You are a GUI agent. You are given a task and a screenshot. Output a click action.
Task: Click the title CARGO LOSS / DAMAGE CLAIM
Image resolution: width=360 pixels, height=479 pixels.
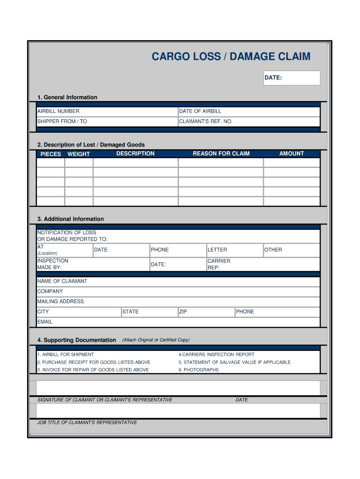(x=230, y=57)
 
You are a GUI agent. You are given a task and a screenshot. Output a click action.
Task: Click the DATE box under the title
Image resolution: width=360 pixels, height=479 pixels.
(x=292, y=78)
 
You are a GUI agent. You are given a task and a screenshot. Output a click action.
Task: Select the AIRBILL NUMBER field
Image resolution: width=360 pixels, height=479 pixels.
(x=107, y=111)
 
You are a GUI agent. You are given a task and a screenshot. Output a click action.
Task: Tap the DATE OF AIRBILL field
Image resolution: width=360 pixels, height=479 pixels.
(x=249, y=111)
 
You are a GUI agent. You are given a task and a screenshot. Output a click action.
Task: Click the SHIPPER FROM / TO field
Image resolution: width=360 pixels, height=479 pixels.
(x=107, y=122)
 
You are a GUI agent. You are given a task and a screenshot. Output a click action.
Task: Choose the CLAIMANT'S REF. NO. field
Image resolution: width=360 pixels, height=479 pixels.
(x=249, y=122)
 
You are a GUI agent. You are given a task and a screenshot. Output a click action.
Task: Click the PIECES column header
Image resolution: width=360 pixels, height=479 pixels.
(x=50, y=154)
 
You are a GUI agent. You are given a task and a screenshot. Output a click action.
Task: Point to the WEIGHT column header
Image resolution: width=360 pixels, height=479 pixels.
(x=79, y=154)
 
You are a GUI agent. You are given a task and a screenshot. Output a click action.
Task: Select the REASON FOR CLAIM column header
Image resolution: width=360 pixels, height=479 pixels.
(x=221, y=153)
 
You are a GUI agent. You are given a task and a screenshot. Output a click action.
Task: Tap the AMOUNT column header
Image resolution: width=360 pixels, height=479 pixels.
(x=291, y=153)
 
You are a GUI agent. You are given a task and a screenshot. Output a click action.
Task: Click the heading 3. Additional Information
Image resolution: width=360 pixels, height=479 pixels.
(x=71, y=219)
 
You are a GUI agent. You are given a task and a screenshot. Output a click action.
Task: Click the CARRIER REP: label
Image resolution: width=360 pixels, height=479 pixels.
(x=219, y=264)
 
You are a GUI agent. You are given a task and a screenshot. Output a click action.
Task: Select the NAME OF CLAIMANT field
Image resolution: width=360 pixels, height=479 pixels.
(x=178, y=281)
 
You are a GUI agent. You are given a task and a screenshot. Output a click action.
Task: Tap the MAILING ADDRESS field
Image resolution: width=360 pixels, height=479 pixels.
(x=178, y=301)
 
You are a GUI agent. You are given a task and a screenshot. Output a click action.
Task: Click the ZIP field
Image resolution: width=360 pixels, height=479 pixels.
(x=206, y=312)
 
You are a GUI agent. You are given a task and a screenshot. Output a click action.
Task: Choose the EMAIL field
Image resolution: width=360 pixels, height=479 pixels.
(x=178, y=322)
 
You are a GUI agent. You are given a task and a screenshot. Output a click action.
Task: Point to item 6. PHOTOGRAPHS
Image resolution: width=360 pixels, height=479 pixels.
(x=198, y=370)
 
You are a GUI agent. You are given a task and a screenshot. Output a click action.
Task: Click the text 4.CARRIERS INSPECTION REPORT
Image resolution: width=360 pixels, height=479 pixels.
(x=216, y=355)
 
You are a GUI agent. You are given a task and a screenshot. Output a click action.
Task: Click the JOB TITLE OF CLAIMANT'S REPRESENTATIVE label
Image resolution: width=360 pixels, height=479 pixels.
(x=87, y=422)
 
